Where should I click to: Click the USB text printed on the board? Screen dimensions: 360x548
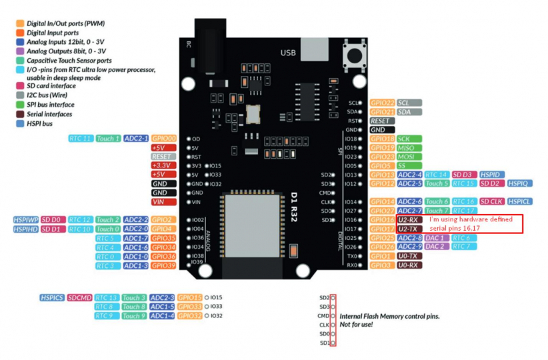(287, 53)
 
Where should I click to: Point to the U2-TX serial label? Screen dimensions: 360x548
(408, 229)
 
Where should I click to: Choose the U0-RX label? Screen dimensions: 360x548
(408, 265)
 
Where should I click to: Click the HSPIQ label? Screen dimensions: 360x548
(519, 183)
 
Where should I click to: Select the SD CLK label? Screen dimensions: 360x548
(491, 201)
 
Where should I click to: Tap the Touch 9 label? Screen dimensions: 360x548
(133, 316)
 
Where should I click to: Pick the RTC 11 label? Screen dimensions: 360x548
(80, 139)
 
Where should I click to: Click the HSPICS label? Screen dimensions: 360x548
(51, 298)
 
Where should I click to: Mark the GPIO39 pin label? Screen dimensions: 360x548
(163, 265)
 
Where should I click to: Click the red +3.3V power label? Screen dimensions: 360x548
(163, 165)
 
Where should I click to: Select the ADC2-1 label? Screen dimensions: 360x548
(136, 139)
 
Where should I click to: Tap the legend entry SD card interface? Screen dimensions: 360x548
(51, 85)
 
